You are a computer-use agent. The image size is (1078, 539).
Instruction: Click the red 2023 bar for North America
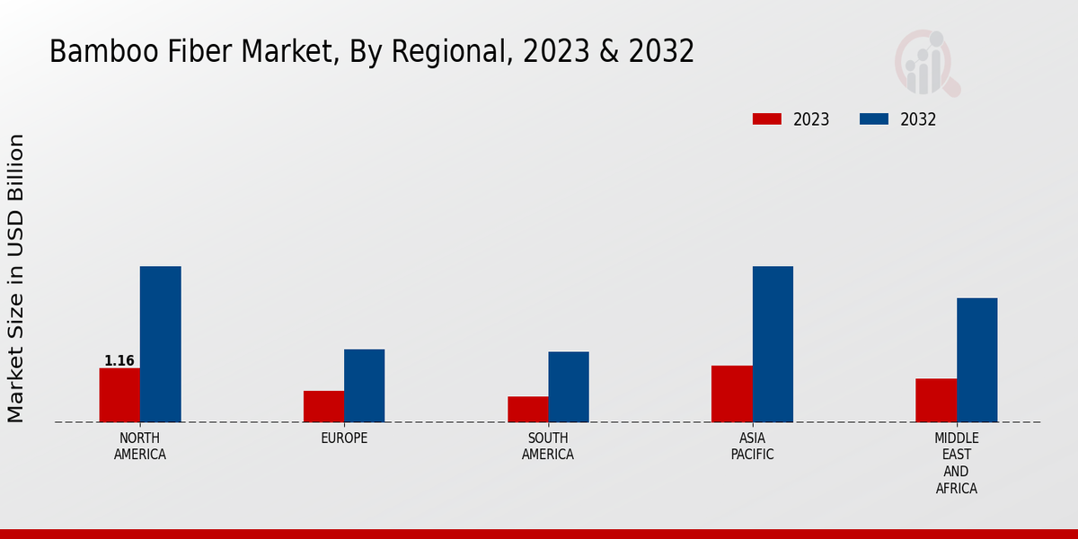pyautogui.click(x=119, y=395)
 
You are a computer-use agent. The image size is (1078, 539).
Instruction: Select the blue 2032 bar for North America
pyautogui.click(x=160, y=344)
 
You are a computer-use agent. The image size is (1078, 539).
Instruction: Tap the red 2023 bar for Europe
pyautogui.click(x=323, y=406)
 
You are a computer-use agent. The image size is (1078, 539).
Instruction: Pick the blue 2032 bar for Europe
pyautogui.click(x=364, y=385)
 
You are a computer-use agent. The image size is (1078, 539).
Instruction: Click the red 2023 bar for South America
pyautogui.click(x=527, y=409)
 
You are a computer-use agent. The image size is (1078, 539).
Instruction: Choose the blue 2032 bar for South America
pyautogui.click(x=569, y=386)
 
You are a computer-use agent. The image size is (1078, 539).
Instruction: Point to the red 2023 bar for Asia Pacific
pyautogui.click(x=731, y=393)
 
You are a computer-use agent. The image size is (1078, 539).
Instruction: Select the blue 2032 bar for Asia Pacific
pyautogui.click(x=773, y=344)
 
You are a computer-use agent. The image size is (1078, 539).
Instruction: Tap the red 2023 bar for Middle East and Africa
pyautogui.click(x=936, y=400)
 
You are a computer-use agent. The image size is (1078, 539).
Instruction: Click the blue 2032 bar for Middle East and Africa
pyautogui.click(x=976, y=359)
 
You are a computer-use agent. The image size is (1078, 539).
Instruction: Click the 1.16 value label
pyautogui.click(x=119, y=361)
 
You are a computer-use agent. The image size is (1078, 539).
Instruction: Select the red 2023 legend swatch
pyautogui.click(x=767, y=119)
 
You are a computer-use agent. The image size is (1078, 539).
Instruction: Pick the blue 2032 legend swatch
pyautogui.click(x=874, y=119)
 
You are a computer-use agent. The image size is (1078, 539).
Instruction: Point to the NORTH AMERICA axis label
pyautogui.click(x=140, y=446)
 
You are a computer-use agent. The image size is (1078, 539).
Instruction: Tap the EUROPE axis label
pyautogui.click(x=344, y=438)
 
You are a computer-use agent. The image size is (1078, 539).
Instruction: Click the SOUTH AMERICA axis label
pyautogui.click(x=548, y=446)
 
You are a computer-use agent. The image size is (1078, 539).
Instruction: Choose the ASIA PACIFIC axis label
pyautogui.click(x=753, y=446)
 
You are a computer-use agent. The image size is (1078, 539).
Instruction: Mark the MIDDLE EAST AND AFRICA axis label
pyautogui.click(x=957, y=463)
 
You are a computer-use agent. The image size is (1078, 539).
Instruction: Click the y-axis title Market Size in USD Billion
pyautogui.click(x=16, y=278)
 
